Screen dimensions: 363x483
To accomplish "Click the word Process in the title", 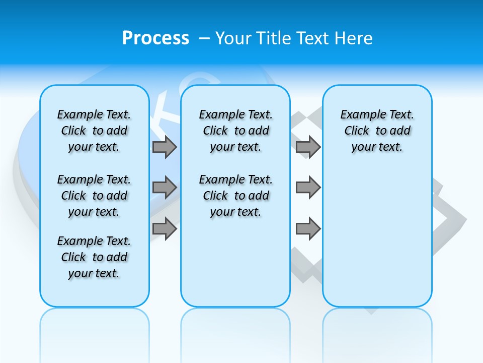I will (155, 38).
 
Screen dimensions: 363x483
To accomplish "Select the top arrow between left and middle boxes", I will (165, 147).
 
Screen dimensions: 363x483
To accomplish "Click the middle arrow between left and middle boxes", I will (165, 188).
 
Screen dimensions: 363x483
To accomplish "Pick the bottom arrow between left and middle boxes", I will (165, 228).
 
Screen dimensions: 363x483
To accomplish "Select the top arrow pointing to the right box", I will (308, 147).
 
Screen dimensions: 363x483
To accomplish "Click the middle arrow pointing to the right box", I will (308, 188).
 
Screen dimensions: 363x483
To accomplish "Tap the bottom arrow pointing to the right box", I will (308, 228).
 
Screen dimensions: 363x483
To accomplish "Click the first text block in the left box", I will (94, 131).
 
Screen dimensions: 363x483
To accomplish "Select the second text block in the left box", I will (94, 196).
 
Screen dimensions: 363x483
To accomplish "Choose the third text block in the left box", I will (94, 257).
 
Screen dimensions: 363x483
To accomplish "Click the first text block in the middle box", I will (236, 131).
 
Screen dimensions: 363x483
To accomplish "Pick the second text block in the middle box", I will (236, 196).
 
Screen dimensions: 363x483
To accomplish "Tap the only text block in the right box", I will (377, 131).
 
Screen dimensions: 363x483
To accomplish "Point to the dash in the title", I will (204, 38).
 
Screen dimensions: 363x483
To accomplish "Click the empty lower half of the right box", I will (377, 242).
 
